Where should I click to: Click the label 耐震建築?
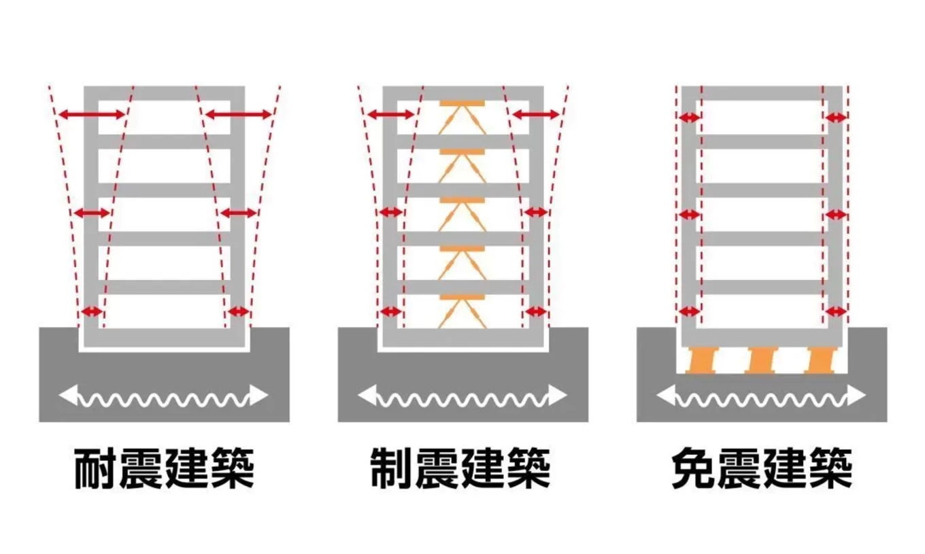coord(164,468)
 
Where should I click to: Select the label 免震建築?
coord(761,468)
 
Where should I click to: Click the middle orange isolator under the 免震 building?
coord(761,360)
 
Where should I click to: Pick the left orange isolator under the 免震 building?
coord(701,360)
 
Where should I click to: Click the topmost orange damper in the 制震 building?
coord(462,116)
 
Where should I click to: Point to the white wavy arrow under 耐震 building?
coord(164,395)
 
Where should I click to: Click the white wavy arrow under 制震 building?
coord(462,395)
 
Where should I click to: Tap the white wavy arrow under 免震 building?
coord(761,395)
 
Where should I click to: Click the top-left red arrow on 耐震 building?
coord(91,115)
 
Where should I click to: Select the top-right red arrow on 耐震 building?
coord(238,115)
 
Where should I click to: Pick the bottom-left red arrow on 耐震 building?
coord(91,312)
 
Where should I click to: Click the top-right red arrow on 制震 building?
coord(536,115)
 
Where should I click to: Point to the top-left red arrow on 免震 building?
coord(689,118)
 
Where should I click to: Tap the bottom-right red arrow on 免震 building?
coord(835,312)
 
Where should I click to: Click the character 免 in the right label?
coord(692,468)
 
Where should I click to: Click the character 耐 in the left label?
coord(94,468)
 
